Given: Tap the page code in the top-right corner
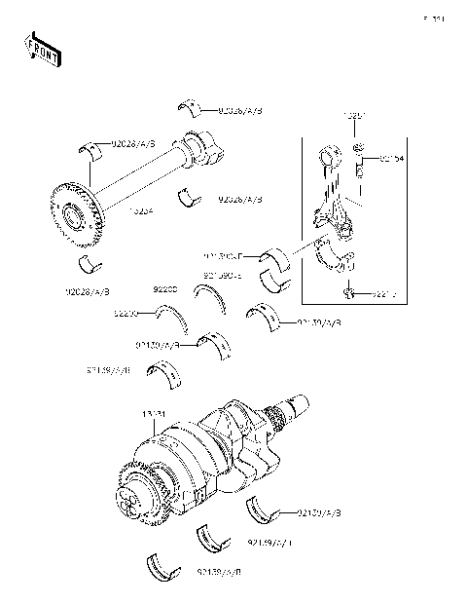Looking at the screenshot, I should (433, 18).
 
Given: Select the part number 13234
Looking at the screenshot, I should (141, 210).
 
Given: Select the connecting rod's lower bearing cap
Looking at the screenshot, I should (340, 259).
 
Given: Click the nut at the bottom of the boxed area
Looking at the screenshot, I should (349, 292).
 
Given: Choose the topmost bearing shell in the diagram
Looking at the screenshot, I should (190, 106).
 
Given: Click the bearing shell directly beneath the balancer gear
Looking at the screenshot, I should (90, 266).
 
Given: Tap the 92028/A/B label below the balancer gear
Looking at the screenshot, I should (88, 290).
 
